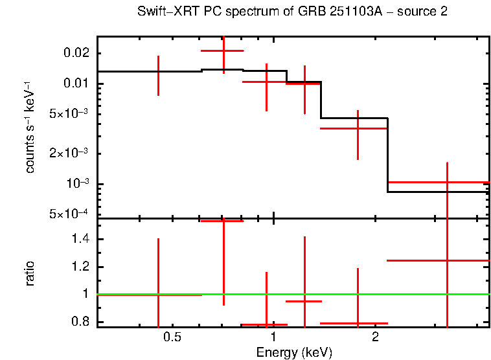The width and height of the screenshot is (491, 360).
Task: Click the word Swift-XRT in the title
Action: [x=161, y=12]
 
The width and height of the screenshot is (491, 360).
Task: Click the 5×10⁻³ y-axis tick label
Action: [x=70, y=114]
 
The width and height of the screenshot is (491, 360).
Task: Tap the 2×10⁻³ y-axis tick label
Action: [x=70, y=153]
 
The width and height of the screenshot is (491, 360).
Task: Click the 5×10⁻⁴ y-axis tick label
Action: [x=70, y=214]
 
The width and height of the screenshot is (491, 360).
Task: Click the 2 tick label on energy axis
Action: [x=375, y=338]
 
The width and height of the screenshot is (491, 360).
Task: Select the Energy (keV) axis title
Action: [x=293, y=352]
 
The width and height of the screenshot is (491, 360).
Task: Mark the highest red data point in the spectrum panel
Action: [x=223, y=51]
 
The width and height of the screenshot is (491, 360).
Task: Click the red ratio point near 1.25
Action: [x=447, y=260]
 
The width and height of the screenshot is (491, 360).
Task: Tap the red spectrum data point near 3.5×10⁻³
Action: [x=358, y=128]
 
